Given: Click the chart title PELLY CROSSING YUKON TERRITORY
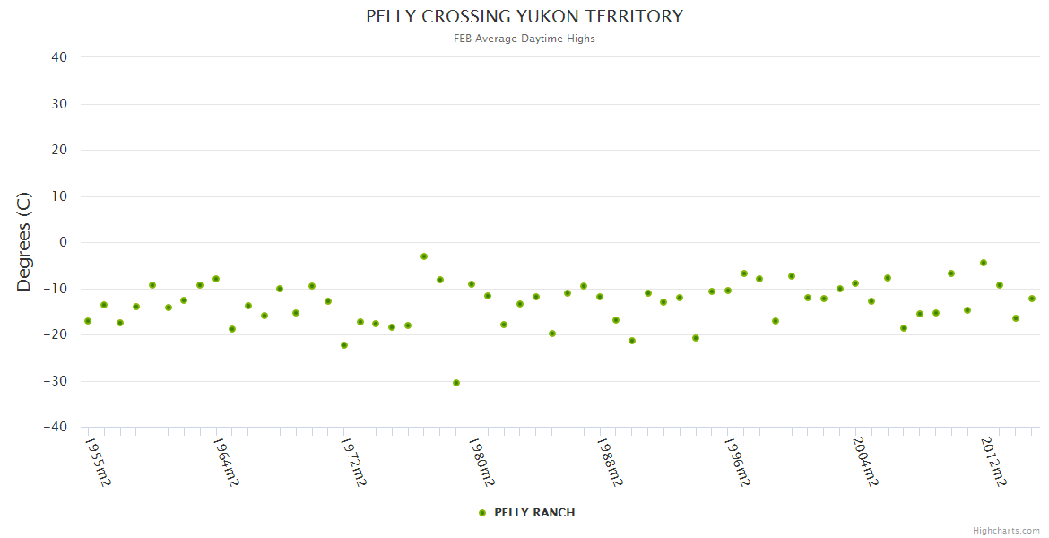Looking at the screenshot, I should pos(524,17).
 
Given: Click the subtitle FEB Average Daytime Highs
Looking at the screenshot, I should pos(524,39).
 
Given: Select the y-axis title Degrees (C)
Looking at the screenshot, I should pos(24,241).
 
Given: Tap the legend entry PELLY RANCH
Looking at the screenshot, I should pos(534,513).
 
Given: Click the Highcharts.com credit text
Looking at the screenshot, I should pos(1006,531).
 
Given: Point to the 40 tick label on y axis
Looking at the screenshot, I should pos(59,57).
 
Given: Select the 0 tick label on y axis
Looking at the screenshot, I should pos(63,242).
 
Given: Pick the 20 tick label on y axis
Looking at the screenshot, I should pos(59,150).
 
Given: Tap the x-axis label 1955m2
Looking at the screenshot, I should pos(98,462).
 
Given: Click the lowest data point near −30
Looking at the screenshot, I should pos(456,383).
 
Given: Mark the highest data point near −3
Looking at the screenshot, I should pos(424,256).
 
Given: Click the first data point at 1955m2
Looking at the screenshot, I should pos(88,321).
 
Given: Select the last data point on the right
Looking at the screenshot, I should pos(1032,299).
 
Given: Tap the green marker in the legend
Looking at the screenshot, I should pos(482,513).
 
